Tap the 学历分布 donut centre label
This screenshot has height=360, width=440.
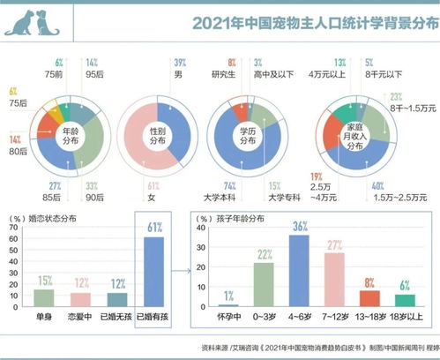tap(244, 139)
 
